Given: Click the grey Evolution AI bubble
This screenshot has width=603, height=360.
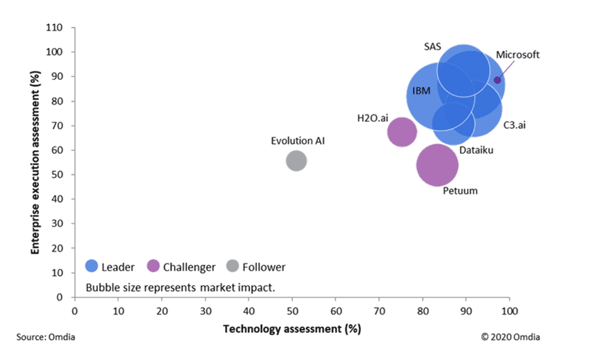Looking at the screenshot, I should [296, 160].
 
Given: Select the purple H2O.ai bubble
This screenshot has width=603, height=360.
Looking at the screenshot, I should [402, 132].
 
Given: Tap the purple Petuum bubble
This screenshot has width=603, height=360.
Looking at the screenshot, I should [437, 165].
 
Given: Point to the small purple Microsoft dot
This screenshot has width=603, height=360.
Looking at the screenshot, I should [497, 80].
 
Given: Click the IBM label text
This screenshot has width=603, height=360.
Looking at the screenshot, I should [421, 91].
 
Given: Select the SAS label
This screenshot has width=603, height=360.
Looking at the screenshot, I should [433, 46].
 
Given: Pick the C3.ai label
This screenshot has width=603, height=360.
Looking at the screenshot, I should [515, 125].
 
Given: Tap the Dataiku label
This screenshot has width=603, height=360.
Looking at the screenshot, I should [477, 151].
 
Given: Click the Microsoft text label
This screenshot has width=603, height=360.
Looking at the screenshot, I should [517, 55].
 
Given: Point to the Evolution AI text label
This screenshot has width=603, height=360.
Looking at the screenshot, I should [298, 140].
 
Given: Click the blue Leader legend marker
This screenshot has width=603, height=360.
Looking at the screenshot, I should [91, 266].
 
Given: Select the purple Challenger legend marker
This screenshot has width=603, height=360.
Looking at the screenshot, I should [153, 266].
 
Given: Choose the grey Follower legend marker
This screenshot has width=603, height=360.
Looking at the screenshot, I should [232, 266].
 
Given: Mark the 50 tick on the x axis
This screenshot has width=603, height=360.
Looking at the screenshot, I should [292, 310].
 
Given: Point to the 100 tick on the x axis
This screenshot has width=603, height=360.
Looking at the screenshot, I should [509, 310].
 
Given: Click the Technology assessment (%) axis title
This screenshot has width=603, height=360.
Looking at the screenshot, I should [292, 329].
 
